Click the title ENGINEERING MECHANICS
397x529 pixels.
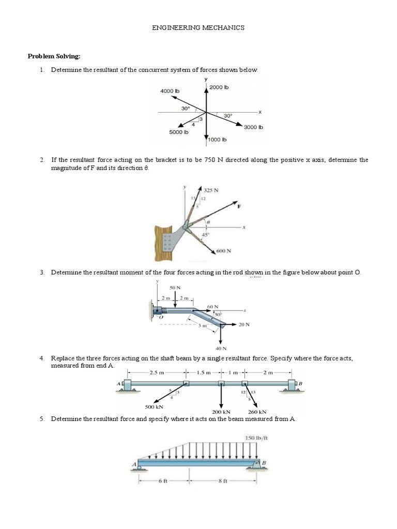(x=198, y=28)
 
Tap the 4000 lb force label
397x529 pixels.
(x=170, y=91)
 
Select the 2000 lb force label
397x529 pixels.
(x=219, y=87)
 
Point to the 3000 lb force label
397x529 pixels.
(x=253, y=127)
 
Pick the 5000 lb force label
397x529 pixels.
(x=179, y=132)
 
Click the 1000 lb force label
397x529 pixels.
(x=217, y=139)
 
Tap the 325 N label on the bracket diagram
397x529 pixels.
(x=211, y=190)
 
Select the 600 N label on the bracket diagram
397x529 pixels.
(x=223, y=251)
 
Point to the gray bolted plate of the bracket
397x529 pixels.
(x=168, y=242)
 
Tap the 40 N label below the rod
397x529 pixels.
(x=221, y=348)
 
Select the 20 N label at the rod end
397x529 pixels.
(x=244, y=324)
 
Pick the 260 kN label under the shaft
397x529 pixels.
(x=257, y=412)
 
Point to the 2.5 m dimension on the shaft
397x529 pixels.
(x=156, y=372)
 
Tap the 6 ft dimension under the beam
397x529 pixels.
(x=163, y=480)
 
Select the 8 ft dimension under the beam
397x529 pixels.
(x=223, y=480)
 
